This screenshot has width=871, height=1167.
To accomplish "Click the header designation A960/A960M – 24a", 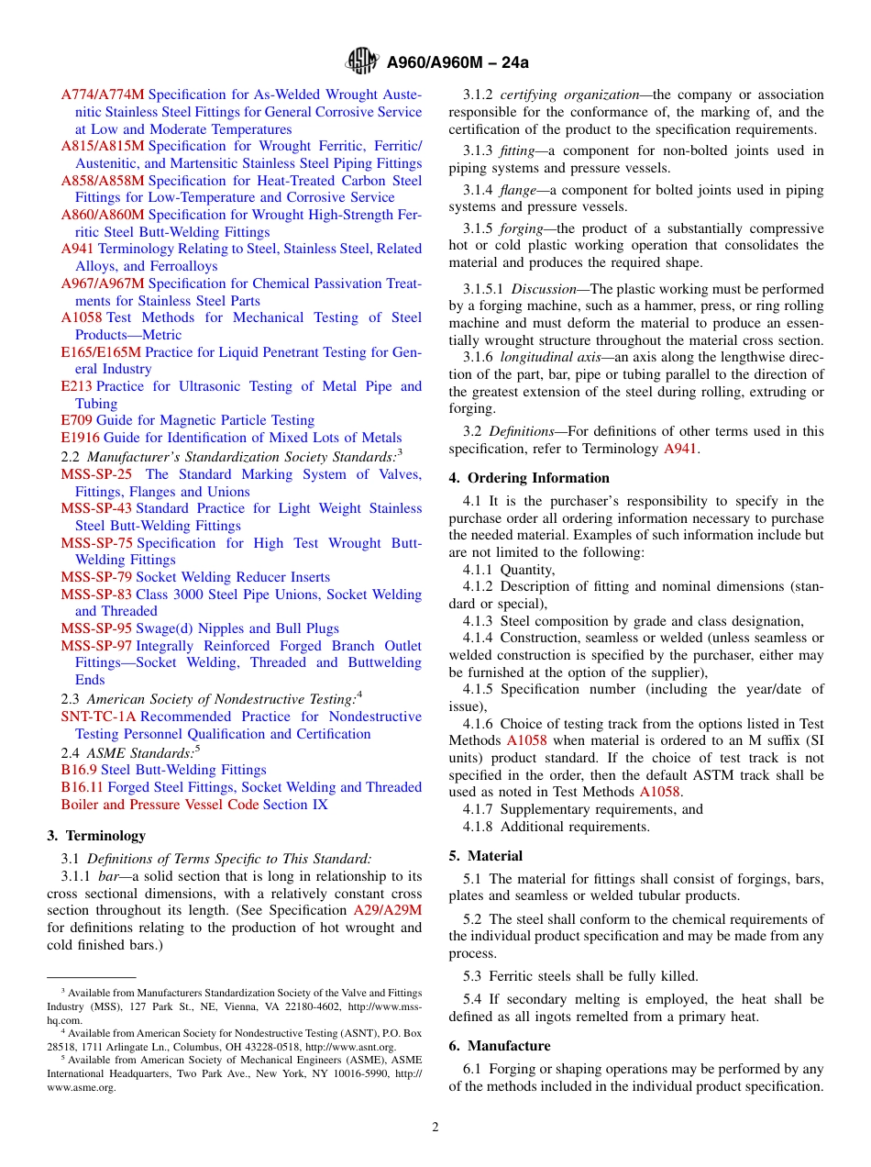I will point(458,62).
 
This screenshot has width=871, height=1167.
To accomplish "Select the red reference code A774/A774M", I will point(103,94).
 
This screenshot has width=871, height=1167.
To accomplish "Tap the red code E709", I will point(76,420).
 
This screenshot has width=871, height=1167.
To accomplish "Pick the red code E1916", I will point(80,438).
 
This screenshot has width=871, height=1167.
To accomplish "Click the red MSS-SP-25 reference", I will point(96,474).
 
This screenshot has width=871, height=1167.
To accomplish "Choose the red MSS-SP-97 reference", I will point(96,646).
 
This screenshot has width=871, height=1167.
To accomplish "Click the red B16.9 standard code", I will point(79,770).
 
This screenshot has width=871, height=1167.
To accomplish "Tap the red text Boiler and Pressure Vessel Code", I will point(160,805).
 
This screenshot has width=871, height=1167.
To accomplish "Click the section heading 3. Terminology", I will point(96,836).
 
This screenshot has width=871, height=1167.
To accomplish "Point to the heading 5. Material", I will point(486,856).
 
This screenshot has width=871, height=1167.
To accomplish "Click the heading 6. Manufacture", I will point(500,1046).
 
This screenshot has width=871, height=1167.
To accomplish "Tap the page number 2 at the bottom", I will point(435,1128).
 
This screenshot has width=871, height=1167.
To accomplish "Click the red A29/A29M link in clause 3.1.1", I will point(387,910).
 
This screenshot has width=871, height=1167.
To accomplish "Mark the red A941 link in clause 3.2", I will point(679,449).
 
